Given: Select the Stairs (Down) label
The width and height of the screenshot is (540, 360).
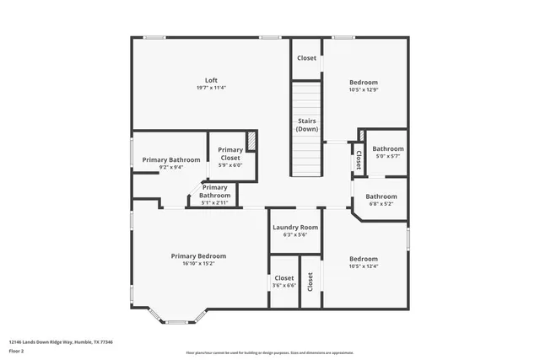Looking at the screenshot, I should [x=307, y=126].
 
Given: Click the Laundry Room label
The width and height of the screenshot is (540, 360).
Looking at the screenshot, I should [x=295, y=227].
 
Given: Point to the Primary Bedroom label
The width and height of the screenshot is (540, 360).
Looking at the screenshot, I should [x=198, y=255].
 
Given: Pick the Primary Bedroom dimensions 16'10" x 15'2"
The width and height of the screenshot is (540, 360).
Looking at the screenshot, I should [x=198, y=263].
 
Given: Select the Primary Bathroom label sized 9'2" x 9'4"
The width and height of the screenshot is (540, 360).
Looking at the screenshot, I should [x=171, y=159].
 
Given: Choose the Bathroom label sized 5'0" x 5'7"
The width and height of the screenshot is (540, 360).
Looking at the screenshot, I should [x=388, y=148].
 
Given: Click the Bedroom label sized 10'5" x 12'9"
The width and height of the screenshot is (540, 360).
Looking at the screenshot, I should [x=364, y=82].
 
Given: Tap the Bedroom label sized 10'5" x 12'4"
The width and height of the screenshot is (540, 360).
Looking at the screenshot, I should [x=364, y=259].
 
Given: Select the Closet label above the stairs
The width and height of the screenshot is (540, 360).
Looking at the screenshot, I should [x=306, y=58].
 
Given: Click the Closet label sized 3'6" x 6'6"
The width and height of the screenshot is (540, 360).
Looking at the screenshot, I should [x=283, y=277].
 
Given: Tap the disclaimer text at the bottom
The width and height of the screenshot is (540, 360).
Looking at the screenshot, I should [x=269, y=352].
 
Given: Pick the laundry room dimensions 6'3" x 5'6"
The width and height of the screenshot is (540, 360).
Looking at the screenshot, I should [x=295, y=234].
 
